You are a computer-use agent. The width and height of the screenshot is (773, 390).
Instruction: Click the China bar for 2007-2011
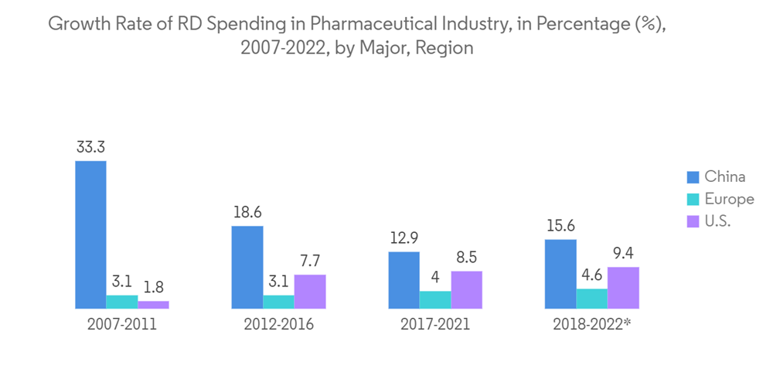coord(90,234)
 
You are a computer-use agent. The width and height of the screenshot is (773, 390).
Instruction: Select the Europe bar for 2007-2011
coord(122,302)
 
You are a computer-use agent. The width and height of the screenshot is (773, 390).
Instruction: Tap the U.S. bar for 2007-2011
coord(153,305)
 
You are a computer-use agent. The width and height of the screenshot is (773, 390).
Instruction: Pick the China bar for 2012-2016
coord(247,267)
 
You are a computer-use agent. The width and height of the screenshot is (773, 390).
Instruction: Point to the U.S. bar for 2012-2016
coord(310,292)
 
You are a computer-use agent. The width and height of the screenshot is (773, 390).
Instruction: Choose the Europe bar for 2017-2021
coord(435,300)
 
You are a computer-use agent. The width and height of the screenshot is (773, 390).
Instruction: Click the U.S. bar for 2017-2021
coord(467,290)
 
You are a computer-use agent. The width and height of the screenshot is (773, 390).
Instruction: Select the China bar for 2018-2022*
coord(560,274)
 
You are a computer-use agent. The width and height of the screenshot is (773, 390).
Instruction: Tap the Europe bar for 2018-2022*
coord(592,299)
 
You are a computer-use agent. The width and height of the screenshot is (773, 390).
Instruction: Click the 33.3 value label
coord(90,147)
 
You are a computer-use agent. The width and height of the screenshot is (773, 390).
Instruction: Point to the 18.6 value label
coord(247,212)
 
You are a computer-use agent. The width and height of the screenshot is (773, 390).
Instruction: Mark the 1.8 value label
coord(153,287)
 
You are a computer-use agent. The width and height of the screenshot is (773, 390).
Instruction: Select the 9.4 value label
coord(624,253)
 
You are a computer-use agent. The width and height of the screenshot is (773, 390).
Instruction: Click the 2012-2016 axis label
coord(278,325)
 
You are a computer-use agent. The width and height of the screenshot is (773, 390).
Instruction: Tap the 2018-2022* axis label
coord(593,325)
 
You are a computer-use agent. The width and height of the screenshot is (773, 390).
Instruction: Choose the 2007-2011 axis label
coord(121,325)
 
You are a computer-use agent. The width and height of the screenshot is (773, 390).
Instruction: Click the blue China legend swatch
coord(693,177)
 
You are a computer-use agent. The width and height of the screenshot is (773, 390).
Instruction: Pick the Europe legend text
coord(729,199)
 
